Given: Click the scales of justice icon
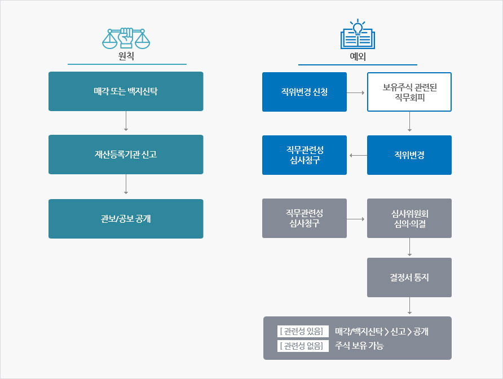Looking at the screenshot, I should point(126,37).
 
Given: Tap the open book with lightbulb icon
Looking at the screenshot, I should point(357,36).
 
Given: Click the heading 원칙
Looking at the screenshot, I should point(126,56).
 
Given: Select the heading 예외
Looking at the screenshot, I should point(358,56).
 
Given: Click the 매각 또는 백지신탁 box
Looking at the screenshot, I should point(126,91).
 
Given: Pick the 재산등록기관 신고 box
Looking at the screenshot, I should point(126,155).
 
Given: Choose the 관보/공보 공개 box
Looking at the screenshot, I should point(126,219).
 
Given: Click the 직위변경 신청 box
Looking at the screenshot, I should point(305,92).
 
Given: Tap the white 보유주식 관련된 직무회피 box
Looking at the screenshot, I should point(409,92).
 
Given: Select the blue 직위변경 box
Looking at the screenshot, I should point(409,155).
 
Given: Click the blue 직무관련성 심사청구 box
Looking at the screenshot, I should point(305,155).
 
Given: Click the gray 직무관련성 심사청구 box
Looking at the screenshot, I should point(305,218).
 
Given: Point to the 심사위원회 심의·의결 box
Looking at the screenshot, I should point(409,218).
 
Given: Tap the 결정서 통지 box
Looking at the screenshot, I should point(409,277).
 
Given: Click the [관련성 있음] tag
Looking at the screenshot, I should point(303,332).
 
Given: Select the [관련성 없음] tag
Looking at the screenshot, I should point(303,346).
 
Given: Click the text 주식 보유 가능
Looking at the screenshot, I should point(359,346).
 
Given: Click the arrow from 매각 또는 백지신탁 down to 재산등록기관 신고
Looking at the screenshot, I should point(126,123).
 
